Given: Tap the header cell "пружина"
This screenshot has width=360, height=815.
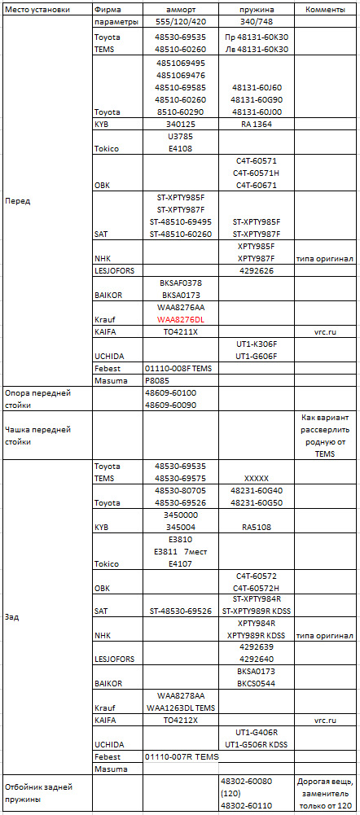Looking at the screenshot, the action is pyautogui.click(x=257, y=10).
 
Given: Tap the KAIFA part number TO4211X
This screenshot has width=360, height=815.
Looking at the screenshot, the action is pyautogui.click(x=181, y=332).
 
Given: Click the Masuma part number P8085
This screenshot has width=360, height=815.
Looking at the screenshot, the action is pyautogui.click(x=160, y=379).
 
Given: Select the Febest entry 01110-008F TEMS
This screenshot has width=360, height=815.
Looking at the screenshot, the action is pyautogui.click(x=178, y=368).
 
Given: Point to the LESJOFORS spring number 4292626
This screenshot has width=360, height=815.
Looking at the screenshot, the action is pyautogui.click(x=257, y=269).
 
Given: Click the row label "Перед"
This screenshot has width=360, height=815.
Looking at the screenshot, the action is pyautogui.click(x=18, y=200).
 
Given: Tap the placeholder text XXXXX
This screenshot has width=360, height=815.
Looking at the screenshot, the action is pyautogui.click(x=257, y=479).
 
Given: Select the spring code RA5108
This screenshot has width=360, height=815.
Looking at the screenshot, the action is pyautogui.click(x=257, y=527).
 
